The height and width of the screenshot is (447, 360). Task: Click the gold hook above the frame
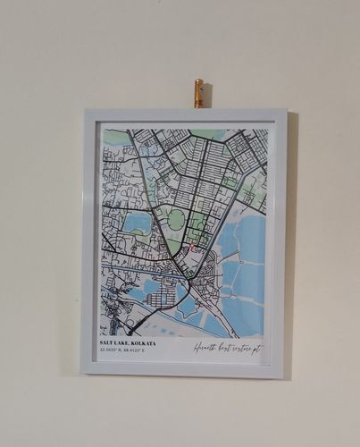pos(198,93)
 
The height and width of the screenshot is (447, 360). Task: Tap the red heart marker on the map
pos(190,247)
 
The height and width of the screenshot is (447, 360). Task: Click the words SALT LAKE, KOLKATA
pos(128,343)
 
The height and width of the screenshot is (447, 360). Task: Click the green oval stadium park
pos(177,219)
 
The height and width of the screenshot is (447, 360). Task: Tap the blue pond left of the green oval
pos(138,223)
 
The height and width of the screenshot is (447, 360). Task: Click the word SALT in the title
pos(107,343)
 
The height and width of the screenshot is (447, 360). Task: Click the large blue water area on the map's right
pos(243,268)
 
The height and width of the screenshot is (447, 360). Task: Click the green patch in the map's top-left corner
pos(116,137)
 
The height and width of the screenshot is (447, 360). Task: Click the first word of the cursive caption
pos(205,348)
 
